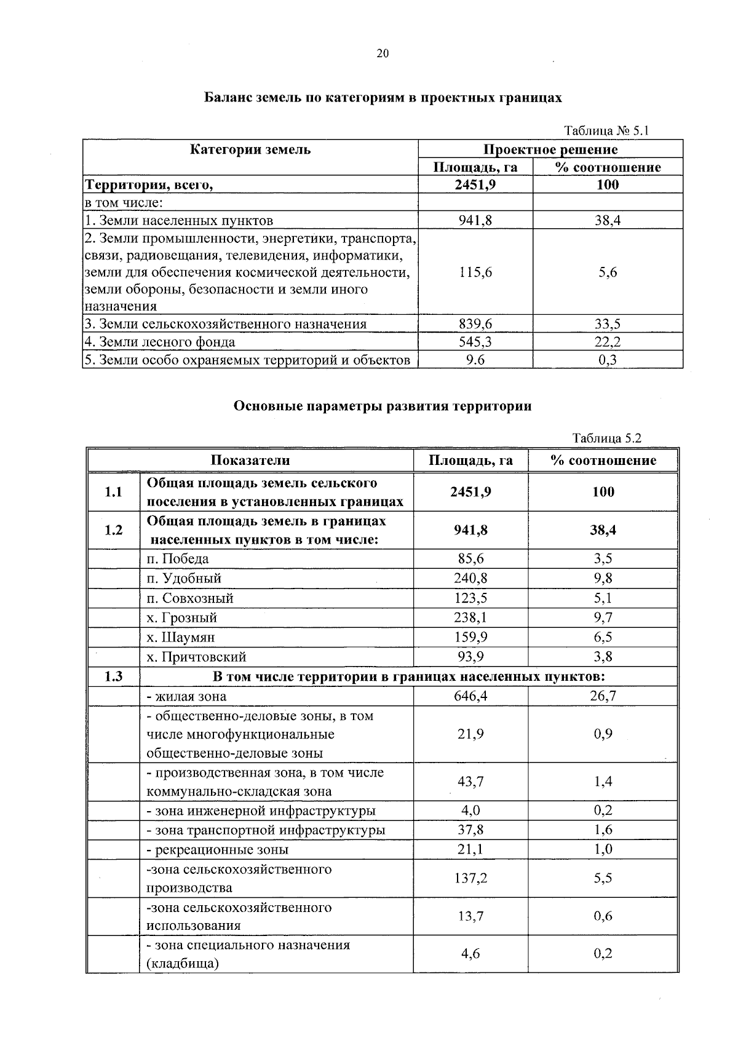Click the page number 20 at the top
coord(382,54)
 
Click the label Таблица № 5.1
coord(606,130)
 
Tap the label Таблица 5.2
coord(606,438)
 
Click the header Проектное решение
coord(550,149)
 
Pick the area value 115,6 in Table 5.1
coord(475,272)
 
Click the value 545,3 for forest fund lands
coord(475,342)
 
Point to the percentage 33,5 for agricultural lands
coord(608,324)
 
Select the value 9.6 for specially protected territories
coord(475,360)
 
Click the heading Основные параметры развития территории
coord(382,406)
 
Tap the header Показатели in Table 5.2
coord(250,461)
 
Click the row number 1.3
coord(113,676)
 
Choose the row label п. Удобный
coord(184,579)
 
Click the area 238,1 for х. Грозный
coord(470,617)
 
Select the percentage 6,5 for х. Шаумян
coord(603,637)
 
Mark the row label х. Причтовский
coord(196,657)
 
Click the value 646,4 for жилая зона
coord(470,696)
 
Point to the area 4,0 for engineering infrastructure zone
coord(470,811)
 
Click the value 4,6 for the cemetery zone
coord(470,954)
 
